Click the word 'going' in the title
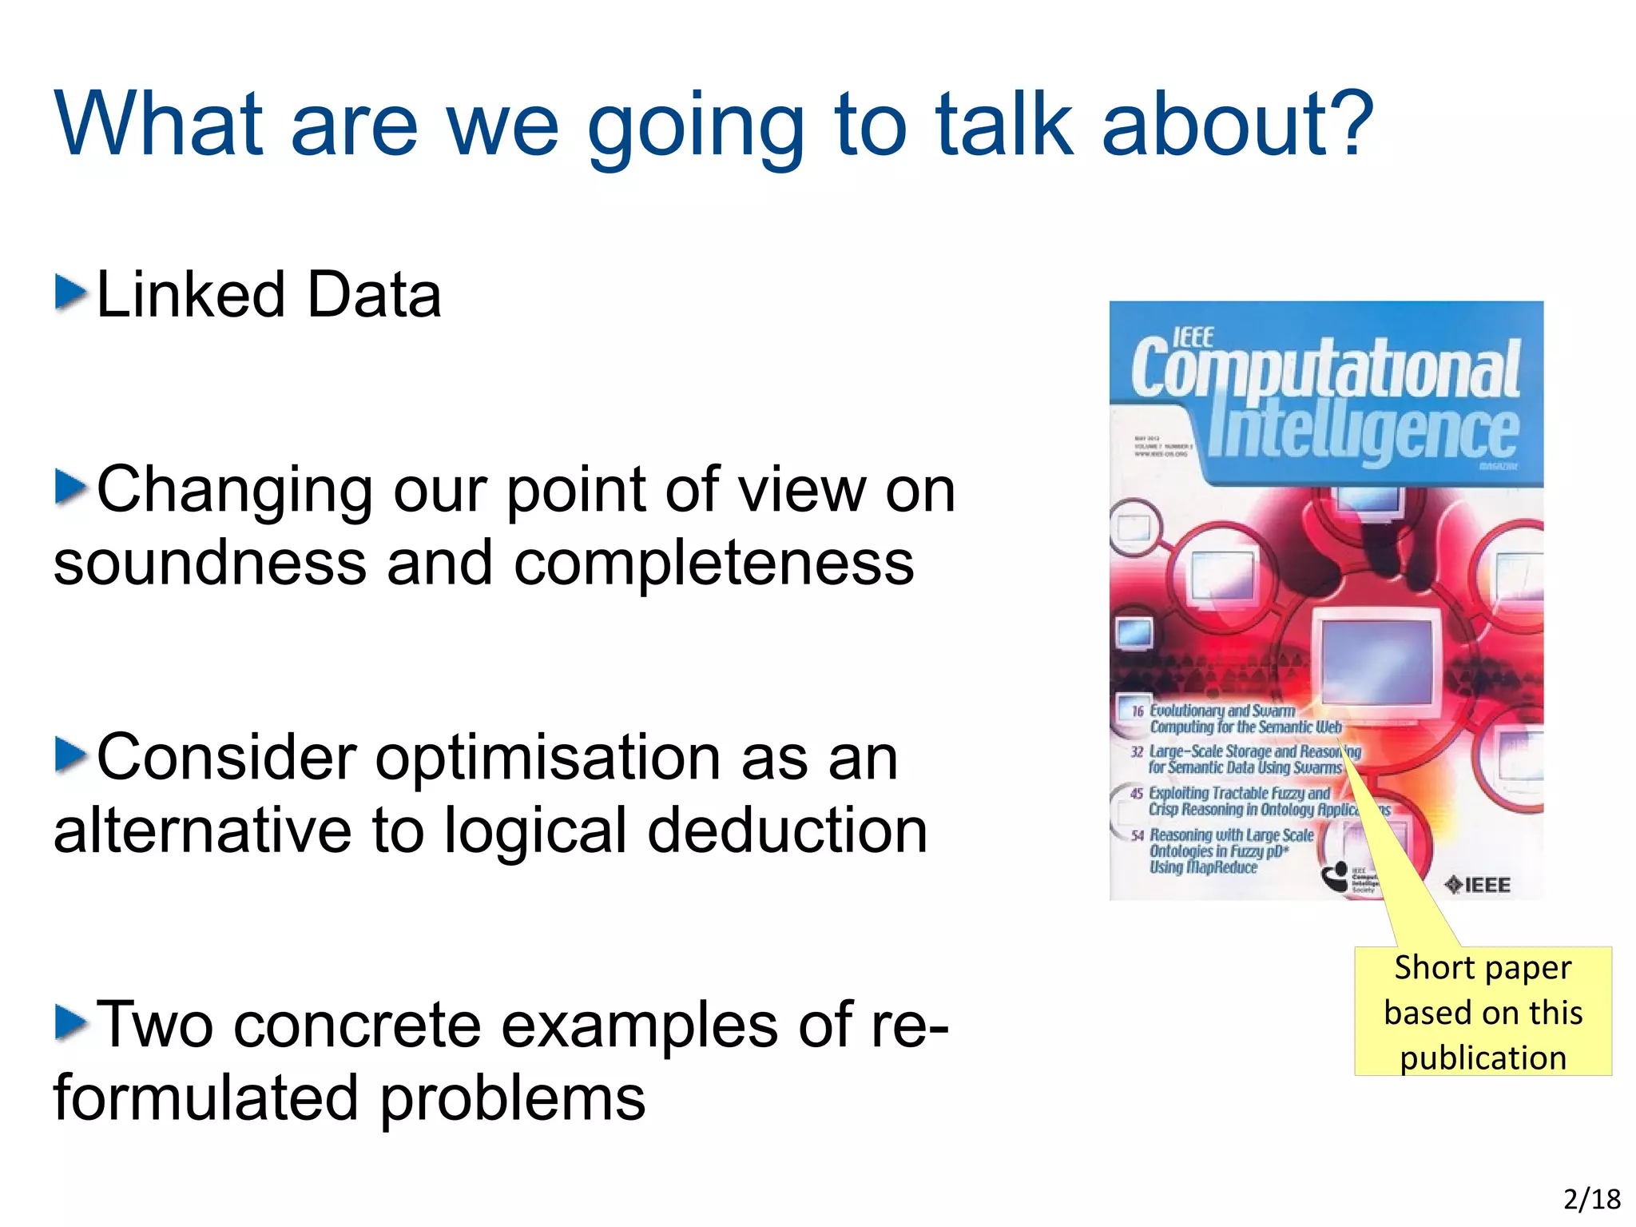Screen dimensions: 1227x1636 pyautogui.click(x=695, y=128)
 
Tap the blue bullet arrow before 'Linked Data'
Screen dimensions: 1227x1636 pyautogui.click(x=70, y=293)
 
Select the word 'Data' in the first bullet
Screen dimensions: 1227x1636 pyautogui.click(x=374, y=295)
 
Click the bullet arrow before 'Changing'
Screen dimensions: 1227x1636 pyautogui.click(x=70, y=488)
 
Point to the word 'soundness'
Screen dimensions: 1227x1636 pyautogui.click(x=209, y=563)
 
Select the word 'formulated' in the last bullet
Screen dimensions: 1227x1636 pyautogui.click(x=205, y=1098)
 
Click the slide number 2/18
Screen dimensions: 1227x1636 pyautogui.click(x=1591, y=1200)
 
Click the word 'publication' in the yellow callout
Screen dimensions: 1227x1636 pyautogui.click(x=1483, y=1058)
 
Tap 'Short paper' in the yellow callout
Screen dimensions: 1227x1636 pyautogui.click(x=1483, y=967)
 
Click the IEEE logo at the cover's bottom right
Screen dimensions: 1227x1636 pyautogui.click(x=1479, y=885)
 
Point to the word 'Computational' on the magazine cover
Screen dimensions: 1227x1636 pyautogui.click(x=1326, y=369)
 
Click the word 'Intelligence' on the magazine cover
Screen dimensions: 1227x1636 pyautogui.click(x=1362, y=432)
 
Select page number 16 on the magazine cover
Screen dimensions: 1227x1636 pyautogui.click(x=1138, y=711)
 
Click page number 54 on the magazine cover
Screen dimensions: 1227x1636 pyautogui.click(x=1138, y=835)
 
